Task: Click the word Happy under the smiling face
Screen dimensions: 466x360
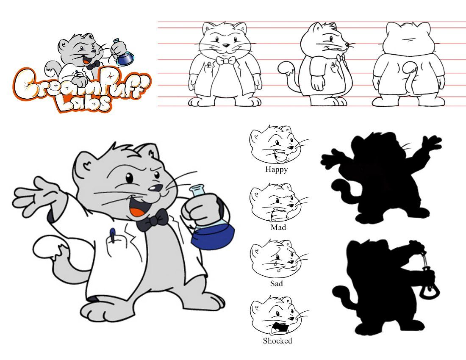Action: tap(276, 169)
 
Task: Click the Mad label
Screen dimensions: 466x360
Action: tap(278, 227)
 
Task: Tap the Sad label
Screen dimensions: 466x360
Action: tap(276, 283)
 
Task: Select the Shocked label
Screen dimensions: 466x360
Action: tap(277, 341)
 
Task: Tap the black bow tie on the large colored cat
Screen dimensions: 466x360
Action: tap(153, 220)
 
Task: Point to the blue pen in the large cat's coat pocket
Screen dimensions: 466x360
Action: tap(113, 235)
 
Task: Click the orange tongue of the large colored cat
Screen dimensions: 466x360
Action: tap(137, 213)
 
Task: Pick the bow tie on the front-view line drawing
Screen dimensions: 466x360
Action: tap(226, 61)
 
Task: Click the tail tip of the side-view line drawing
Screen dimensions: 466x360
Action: tap(286, 67)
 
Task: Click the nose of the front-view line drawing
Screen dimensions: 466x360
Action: tap(226, 46)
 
